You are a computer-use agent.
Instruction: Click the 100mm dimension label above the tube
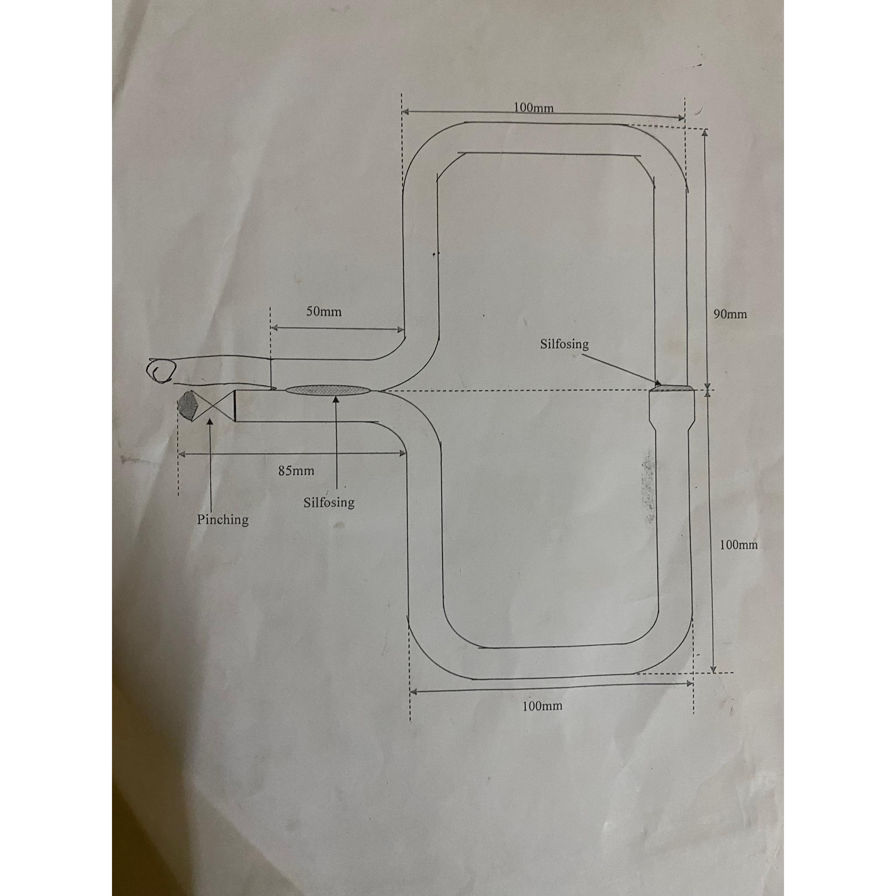click(533, 108)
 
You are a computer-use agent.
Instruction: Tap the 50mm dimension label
click(324, 311)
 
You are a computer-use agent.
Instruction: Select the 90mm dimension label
click(730, 315)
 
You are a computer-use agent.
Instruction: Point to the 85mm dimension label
click(296, 471)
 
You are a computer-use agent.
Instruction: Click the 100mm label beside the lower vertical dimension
click(738, 545)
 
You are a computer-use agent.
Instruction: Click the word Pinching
click(223, 519)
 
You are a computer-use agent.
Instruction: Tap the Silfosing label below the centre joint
click(329, 502)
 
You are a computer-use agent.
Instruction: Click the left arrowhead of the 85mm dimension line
click(182, 455)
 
